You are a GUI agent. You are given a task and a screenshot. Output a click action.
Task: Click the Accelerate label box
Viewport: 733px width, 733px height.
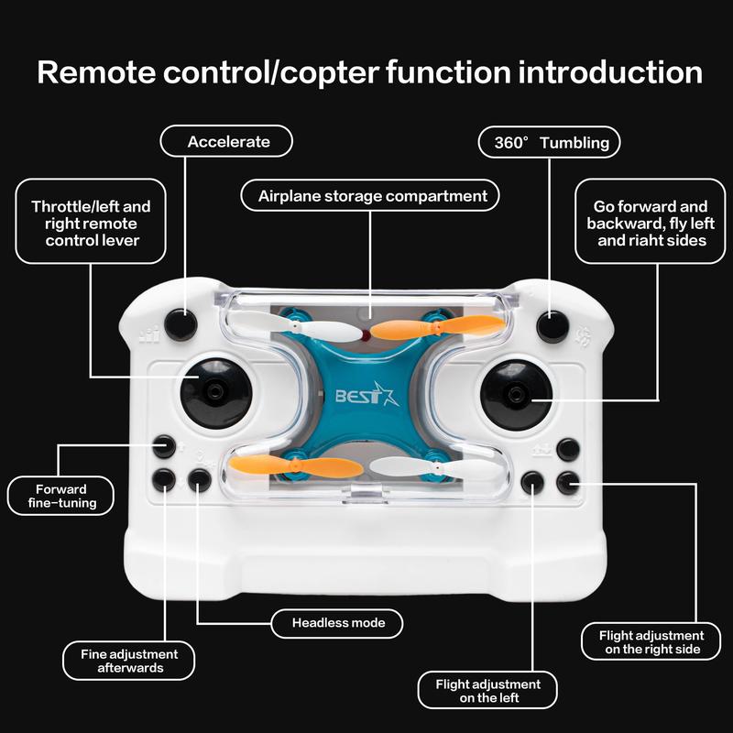[x=226, y=142]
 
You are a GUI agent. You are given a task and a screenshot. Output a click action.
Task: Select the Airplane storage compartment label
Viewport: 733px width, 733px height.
[x=371, y=196]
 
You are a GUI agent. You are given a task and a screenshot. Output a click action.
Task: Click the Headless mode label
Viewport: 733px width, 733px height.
[x=339, y=623]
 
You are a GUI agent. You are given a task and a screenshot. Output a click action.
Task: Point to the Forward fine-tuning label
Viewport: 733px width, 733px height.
[x=61, y=496]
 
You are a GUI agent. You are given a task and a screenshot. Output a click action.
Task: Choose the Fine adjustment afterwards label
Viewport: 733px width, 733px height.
[x=129, y=661]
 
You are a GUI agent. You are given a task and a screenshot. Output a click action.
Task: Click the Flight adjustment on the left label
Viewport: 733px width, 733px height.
[x=487, y=691]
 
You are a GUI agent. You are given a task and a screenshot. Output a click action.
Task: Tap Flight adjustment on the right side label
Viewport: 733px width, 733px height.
[x=651, y=641]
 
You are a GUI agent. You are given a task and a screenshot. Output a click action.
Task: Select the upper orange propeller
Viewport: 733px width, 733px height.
[x=438, y=327]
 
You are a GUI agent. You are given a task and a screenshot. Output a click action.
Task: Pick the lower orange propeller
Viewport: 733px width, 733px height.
[x=284, y=468]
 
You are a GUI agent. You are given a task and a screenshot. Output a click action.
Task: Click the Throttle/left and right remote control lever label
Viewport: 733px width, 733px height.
[x=91, y=224]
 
